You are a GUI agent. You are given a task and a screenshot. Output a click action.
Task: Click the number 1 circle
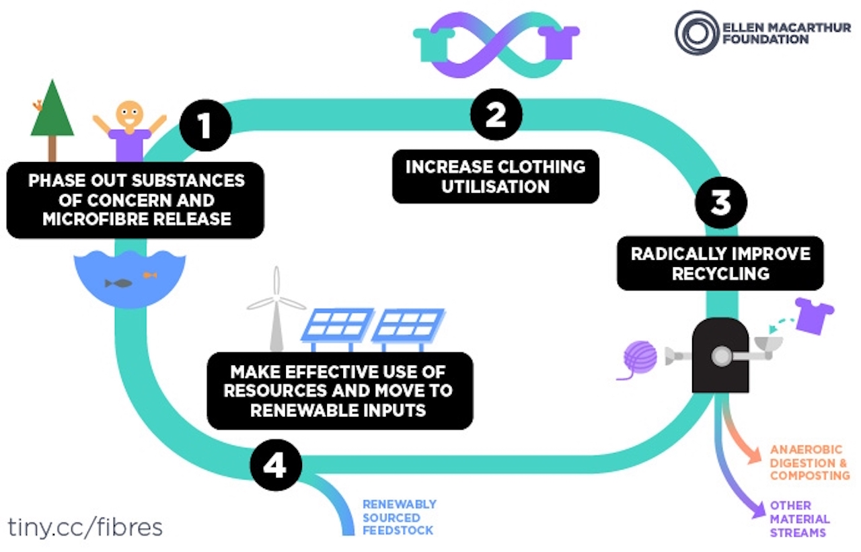(x=205, y=126)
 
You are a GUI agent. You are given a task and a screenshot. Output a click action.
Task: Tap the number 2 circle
(x=496, y=115)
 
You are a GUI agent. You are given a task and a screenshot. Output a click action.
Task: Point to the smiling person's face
(x=128, y=115)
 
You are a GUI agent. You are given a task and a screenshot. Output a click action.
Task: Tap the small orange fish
(x=150, y=274)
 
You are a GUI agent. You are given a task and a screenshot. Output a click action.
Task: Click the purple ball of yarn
(x=640, y=357)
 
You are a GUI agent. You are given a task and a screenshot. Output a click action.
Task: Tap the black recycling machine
(x=720, y=354)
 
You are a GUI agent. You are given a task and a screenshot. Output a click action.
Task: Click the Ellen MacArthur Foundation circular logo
(x=696, y=32)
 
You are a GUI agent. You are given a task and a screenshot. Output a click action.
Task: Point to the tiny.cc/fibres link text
(x=85, y=526)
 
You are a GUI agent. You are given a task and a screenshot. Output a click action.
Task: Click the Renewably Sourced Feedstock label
(x=399, y=517)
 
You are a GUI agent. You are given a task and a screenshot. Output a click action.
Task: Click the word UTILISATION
(x=495, y=186)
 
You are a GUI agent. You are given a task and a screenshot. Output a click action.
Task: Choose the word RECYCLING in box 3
(x=720, y=274)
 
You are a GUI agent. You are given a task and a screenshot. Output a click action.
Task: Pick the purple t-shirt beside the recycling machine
(x=813, y=314)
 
